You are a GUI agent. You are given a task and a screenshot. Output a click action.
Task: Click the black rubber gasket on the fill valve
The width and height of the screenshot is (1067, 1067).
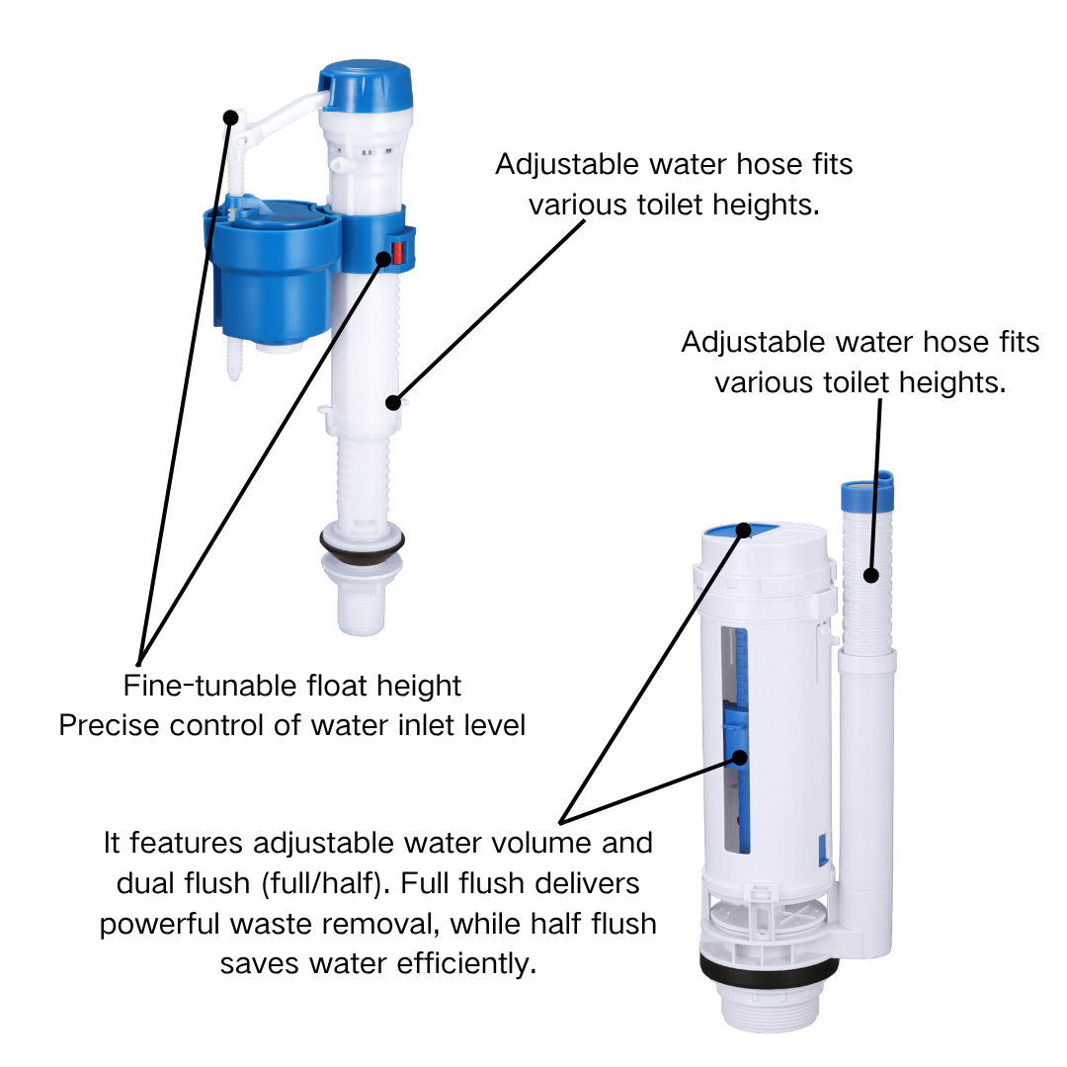point(362,545)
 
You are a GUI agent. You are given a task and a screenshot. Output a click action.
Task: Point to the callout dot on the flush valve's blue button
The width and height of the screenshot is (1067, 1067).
point(744,531)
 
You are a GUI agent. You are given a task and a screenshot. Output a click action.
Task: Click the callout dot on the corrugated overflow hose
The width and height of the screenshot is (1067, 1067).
point(871,576)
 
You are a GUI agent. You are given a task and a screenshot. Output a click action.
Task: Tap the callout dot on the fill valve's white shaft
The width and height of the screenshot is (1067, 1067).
point(392,403)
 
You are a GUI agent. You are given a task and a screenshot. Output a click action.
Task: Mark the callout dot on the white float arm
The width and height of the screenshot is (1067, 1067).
point(230,118)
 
